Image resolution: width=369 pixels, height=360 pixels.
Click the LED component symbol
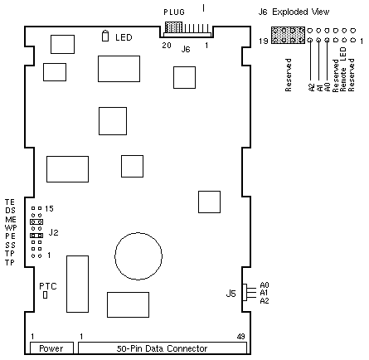pos(105,36)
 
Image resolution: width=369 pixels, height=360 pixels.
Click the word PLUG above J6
pos(174,12)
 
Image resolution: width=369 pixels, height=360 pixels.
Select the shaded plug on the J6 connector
pos(173,27)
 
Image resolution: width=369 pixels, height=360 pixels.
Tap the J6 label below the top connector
pos(186,49)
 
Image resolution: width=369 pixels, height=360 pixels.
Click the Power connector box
pos(51,348)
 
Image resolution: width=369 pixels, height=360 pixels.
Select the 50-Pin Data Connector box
pos(163,348)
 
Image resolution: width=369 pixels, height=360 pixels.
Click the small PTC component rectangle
pos(46,295)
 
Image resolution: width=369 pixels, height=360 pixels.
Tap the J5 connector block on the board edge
pos(245,292)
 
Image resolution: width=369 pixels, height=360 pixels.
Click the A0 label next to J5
pos(265,285)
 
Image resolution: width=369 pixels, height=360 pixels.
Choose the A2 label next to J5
pos(265,301)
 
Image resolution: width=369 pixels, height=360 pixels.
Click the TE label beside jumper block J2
pos(10,202)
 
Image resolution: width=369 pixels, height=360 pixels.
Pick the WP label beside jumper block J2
pos(11,228)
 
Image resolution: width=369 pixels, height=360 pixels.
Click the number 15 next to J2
pos(49,209)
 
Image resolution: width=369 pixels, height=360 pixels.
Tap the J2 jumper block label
pos(54,232)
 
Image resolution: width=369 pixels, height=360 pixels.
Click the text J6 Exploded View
pos(294,12)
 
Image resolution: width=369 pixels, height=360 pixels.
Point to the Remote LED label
pos(343,69)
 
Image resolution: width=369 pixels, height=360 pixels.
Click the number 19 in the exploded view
pos(264,41)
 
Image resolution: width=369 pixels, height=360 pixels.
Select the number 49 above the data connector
pos(241,337)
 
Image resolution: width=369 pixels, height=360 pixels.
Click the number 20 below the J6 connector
pos(167,45)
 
